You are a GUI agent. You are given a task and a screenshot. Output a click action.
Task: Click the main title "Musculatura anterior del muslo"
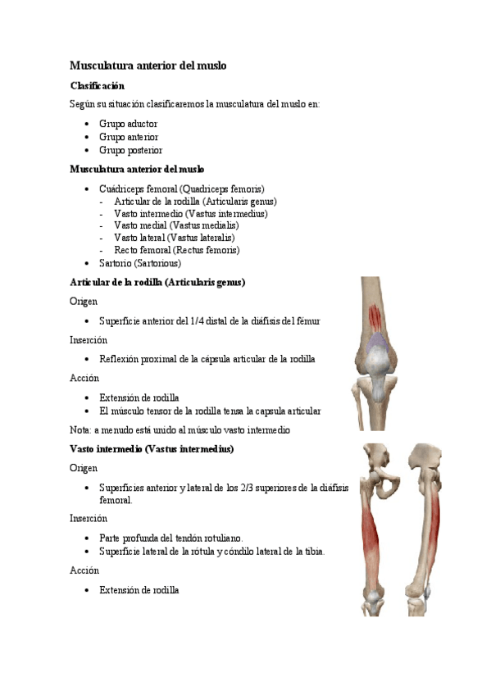click(x=148, y=65)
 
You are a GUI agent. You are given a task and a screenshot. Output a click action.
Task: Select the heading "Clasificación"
click(x=97, y=85)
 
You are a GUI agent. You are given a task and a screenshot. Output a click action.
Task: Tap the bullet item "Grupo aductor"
click(x=128, y=124)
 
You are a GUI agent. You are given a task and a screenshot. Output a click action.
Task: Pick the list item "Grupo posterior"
click(x=130, y=150)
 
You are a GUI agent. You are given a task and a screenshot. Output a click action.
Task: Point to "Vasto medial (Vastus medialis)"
click(x=176, y=225)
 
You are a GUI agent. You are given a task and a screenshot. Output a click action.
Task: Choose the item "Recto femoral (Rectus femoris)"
click(x=177, y=250)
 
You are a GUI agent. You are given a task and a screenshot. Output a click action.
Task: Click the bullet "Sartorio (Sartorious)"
click(x=139, y=263)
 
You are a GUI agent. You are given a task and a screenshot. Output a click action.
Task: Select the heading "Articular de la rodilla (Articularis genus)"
click(x=157, y=282)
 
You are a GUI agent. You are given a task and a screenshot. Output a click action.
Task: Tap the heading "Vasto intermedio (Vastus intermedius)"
click(x=152, y=449)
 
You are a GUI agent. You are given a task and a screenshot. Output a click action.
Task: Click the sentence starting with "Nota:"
click(x=180, y=429)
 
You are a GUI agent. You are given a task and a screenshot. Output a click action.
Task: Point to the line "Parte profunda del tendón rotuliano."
click(x=170, y=538)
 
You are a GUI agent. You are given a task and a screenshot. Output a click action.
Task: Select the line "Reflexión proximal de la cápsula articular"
click(x=207, y=359)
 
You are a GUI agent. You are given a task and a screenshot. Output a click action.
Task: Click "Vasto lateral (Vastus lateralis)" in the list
click(x=175, y=238)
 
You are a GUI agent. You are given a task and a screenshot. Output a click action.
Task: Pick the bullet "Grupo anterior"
click(x=129, y=137)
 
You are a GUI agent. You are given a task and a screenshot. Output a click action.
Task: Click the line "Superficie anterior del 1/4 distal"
click(x=209, y=321)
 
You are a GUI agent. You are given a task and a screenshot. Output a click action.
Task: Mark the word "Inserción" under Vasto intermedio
click(x=89, y=518)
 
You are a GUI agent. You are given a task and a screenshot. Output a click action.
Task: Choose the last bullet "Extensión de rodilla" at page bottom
click(x=139, y=590)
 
